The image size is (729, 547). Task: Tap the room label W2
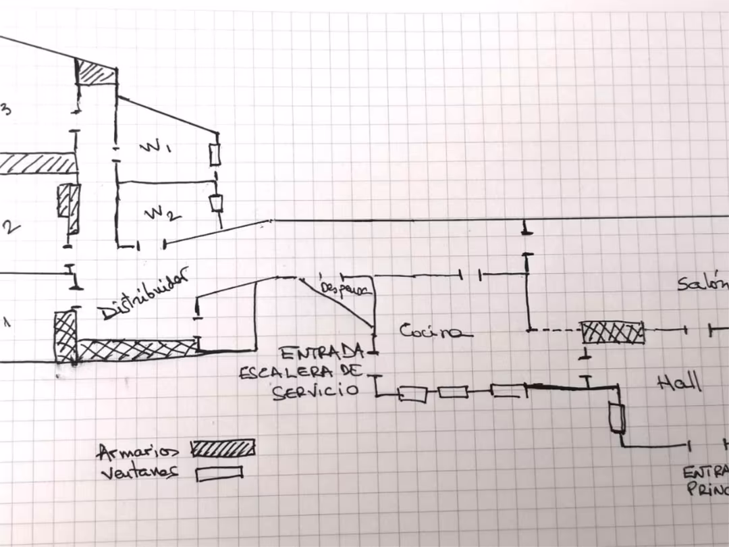[x=163, y=214]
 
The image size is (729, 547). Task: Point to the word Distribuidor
[x=142, y=294]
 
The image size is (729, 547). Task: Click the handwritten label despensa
[x=346, y=288]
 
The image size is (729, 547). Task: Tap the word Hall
[x=679, y=383]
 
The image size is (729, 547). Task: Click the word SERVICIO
[x=315, y=391]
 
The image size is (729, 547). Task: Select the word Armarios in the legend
[x=138, y=450]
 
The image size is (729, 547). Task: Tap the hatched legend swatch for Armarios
[x=223, y=448]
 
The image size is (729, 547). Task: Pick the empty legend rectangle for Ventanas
[x=219, y=473]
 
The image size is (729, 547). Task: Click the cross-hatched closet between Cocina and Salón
[x=612, y=332]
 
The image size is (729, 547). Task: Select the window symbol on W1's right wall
[x=215, y=155]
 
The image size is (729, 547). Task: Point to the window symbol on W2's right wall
[x=216, y=203]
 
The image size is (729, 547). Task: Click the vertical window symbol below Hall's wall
[x=616, y=418]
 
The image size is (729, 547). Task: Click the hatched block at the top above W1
[x=96, y=72]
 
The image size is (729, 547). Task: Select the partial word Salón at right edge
[x=703, y=284]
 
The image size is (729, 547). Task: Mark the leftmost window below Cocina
[x=412, y=394]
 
